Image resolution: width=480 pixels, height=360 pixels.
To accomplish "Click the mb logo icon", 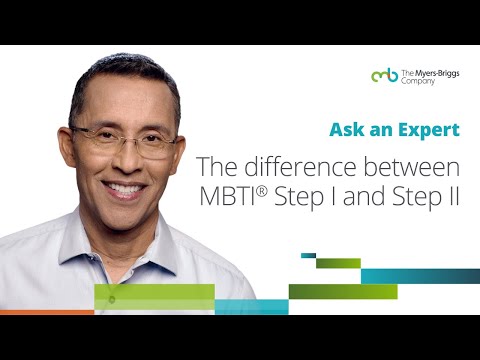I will click(x=384, y=75).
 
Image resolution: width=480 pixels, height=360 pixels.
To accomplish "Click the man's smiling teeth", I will click(x=127, y=187).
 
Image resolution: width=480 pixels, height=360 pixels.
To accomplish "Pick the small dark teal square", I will click(x=308, y=255).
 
